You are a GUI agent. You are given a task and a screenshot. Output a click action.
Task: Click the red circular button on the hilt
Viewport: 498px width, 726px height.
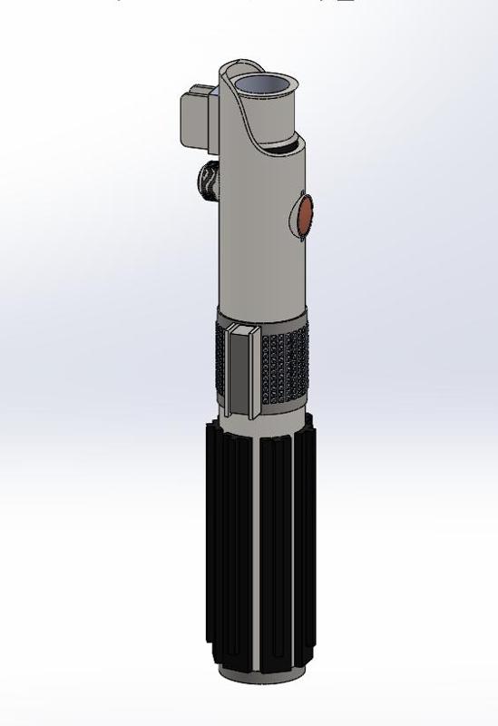click(x=306, y=214)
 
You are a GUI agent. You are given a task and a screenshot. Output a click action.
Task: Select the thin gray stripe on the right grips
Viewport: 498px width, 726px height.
click(x=294, y=544)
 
